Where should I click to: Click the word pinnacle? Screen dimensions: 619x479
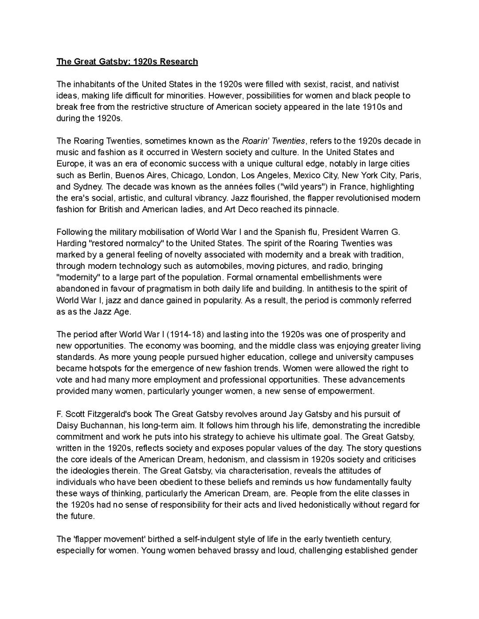pos(322,209)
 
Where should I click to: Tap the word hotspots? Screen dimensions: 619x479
pos(108,368)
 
